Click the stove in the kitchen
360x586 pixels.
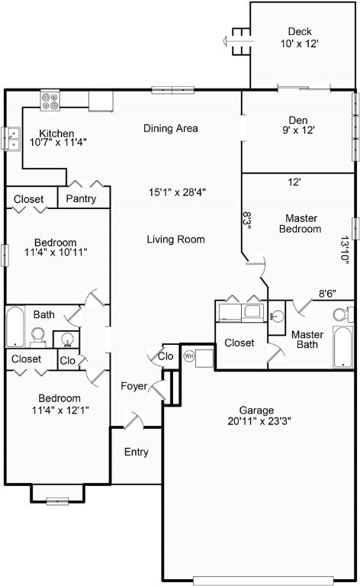[x=50, y=101]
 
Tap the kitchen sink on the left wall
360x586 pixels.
[x=11, y=138]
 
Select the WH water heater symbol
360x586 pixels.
[x=189, y=356]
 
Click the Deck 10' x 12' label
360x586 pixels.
[x=300, y=37]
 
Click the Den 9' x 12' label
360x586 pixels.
[x=298, y=125]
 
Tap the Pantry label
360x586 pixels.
[x=81, y=198]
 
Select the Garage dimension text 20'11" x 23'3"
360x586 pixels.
[x=259, y=421]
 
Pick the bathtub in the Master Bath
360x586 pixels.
[x=342, y=347]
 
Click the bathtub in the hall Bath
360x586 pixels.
[x=15, y=327]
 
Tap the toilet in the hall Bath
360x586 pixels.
[x=37, y=336]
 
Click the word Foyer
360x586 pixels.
[x=133, y=386]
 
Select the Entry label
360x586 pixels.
[x=137, y=452]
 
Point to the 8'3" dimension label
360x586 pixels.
[x=247, y=221]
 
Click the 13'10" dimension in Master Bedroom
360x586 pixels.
[x=345, y=250]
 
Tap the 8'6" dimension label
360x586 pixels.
[x=327, y=294]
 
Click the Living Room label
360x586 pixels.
[x=175, y=239]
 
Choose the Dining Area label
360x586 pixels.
[x=171, y=128]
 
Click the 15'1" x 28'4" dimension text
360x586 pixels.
[x=178, y=192]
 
